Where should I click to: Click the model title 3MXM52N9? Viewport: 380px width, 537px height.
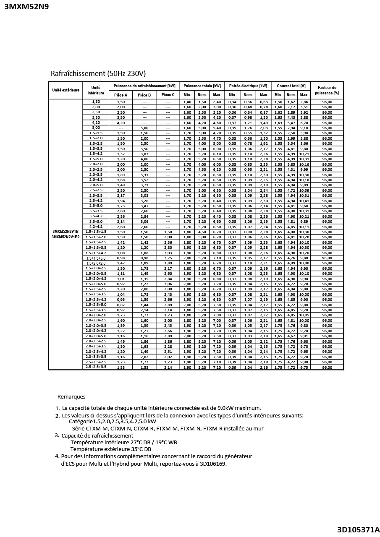[x=26, y=7]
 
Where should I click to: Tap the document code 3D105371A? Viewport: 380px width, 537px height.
[x=358, y=529]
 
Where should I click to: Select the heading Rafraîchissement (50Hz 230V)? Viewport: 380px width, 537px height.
[x=98, y=73]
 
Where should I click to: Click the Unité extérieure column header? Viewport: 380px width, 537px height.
[x=66, y=90]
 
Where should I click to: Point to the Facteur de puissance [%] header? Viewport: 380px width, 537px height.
[x=327, y=90]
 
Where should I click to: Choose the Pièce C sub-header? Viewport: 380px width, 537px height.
[x=168, y=95]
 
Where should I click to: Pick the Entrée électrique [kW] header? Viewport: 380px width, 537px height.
[x=248, y=86]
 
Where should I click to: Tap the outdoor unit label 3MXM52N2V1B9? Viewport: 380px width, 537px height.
[x=66, y=237]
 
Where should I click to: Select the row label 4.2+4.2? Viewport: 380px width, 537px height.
[x=96, y=227]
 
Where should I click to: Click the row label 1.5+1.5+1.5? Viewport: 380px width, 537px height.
[x=96, y=232]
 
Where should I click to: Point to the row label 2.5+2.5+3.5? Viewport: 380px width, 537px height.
[x=96, y=367]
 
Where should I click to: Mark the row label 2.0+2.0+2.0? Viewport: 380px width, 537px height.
[x=96, y=315]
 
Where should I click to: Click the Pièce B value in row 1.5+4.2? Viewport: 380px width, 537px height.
[x=144, y=154]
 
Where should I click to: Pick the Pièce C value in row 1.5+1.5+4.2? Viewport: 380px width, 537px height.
[x=168, y=253]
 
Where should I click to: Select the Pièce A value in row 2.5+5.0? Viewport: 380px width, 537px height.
[x=121, y=206]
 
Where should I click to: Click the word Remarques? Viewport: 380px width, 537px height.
[x=71, y=396]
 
